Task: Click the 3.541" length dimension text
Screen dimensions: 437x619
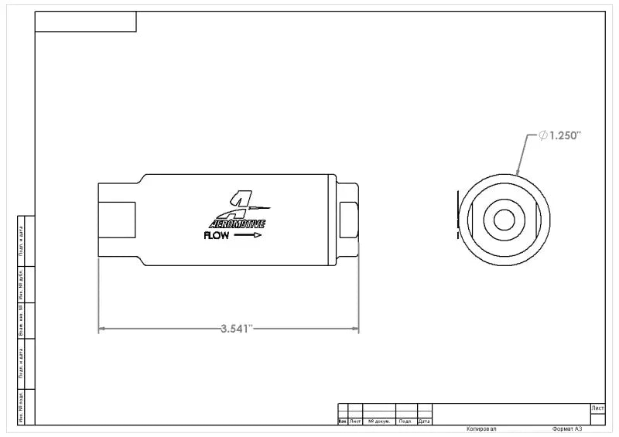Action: (x=237, y=329)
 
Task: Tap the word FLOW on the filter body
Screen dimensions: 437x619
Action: (x=216, y=237)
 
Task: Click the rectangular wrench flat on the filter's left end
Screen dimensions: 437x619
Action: (x=117, y=221)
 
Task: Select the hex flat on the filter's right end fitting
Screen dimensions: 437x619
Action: (x=348, y=221)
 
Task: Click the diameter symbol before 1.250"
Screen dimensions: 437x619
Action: (x=544, y=135)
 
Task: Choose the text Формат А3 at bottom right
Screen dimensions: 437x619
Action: (x=567, y=428)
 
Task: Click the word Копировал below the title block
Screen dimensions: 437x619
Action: (x=481, y=428)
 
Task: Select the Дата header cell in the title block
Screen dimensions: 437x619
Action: (x=424, y=422)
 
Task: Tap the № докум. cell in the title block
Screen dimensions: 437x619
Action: (x=379, y=422)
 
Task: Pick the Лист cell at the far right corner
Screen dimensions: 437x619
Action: (x=597, y=408)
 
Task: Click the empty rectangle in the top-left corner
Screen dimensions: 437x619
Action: (x=86, y=22)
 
